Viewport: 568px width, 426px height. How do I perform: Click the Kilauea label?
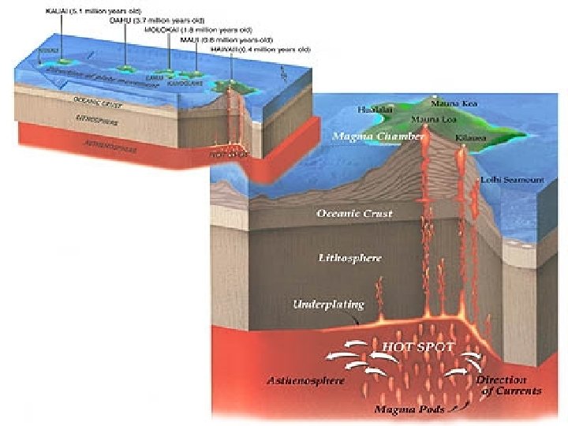tap(470, 138)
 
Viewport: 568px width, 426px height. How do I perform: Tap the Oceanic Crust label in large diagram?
tap(354, 214)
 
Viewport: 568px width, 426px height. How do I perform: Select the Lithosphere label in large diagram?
tap(350, 258)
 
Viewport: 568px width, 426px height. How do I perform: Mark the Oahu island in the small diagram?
tap(125, 68)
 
